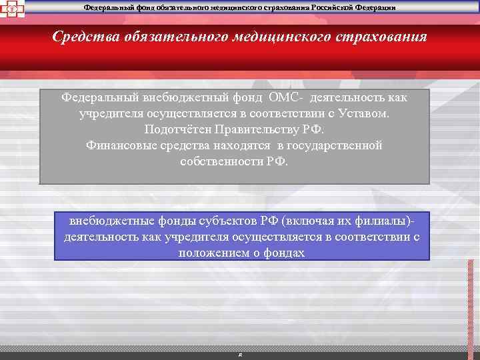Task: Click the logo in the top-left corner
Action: pos(11,9)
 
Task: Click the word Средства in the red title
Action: pos(85,36)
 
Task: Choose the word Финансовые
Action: pos(118,145)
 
